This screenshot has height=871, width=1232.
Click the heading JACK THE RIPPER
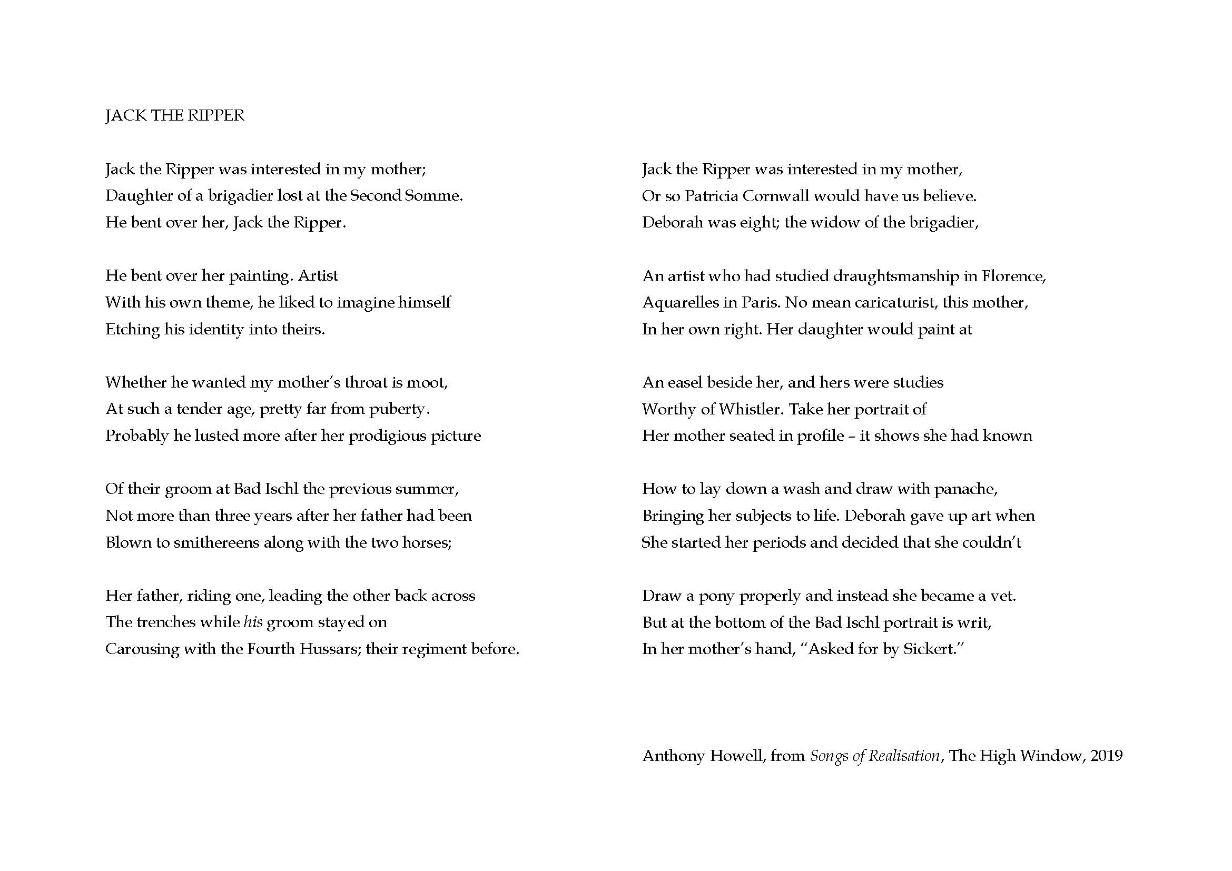click(x=174, y=116)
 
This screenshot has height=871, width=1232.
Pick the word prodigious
click(x=380, y=436)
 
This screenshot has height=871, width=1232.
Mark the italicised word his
click(x=253, y=622)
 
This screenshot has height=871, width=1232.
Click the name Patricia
click(x=711, y=196)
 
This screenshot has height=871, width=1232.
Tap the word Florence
click(x=1013, y=276)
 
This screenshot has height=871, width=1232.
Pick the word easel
click(x=685, y=382)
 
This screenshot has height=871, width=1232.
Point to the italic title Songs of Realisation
click(x=875, y=756)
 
